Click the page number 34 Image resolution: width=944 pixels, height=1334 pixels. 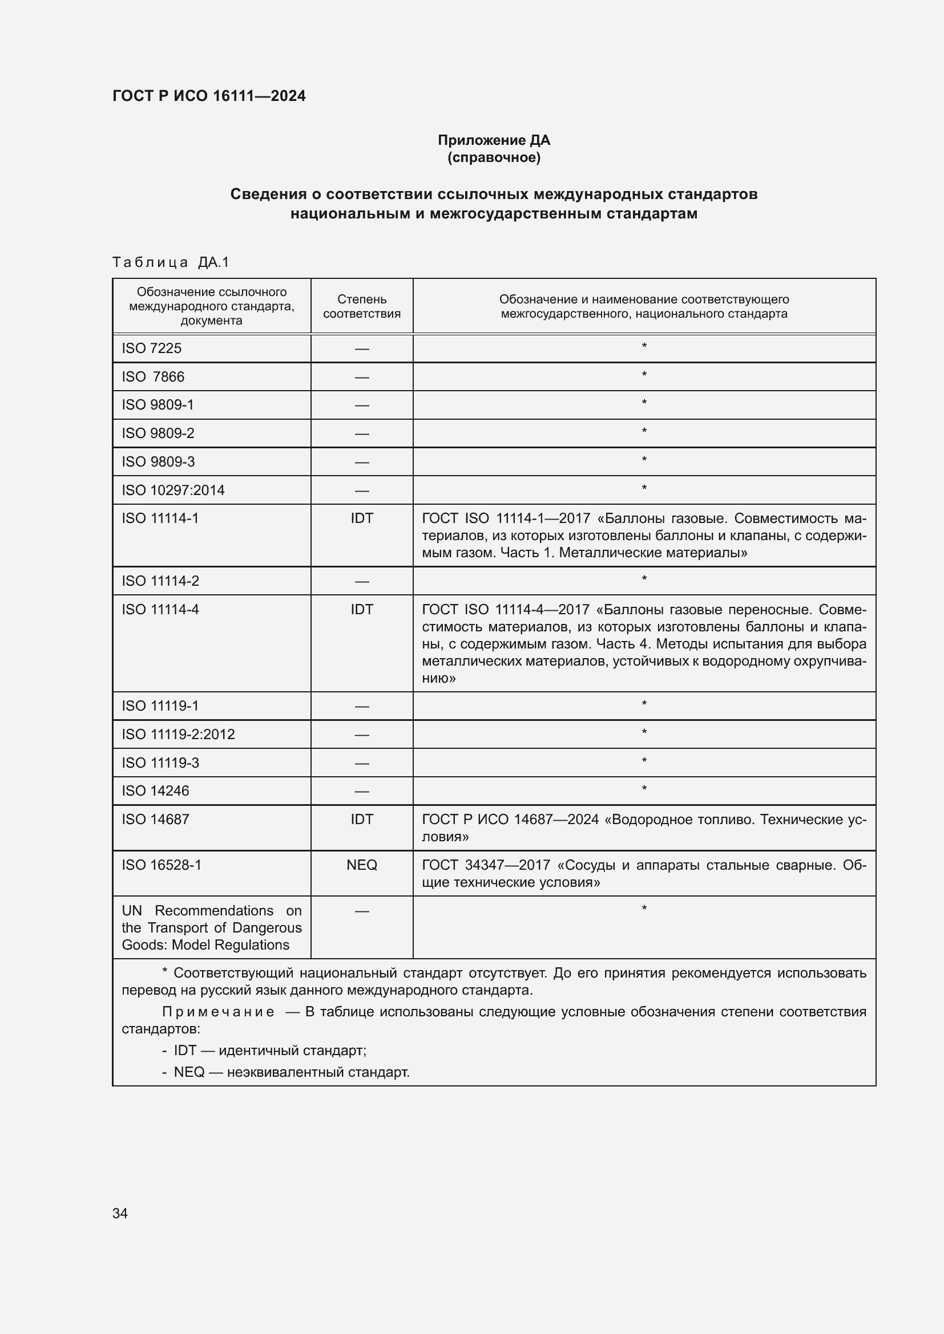120,1213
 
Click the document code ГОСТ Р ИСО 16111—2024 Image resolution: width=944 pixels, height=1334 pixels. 209,96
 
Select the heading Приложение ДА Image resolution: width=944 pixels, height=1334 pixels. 494,140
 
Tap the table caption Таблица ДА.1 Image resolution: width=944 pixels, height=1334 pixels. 170,262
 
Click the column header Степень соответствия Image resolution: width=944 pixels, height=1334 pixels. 361,306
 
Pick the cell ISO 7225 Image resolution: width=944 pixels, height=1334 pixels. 152,348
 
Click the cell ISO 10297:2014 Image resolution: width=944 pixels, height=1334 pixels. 174,490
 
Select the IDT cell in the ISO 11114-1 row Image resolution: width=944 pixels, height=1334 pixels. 361,518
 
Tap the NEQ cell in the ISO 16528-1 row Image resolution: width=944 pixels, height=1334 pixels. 361,865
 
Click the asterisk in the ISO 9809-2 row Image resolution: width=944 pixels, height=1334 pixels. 644,432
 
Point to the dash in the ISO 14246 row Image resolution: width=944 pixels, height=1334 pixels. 361,792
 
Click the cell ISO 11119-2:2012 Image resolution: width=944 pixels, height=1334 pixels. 179,735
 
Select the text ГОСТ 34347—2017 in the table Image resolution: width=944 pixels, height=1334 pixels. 486,865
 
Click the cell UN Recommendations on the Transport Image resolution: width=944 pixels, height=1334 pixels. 212,928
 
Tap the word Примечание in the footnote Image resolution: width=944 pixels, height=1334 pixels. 218,1012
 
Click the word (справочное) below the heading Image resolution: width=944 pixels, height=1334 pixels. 494,157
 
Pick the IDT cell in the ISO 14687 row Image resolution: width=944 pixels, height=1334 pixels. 361,819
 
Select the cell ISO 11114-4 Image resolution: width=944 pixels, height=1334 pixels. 160,610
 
